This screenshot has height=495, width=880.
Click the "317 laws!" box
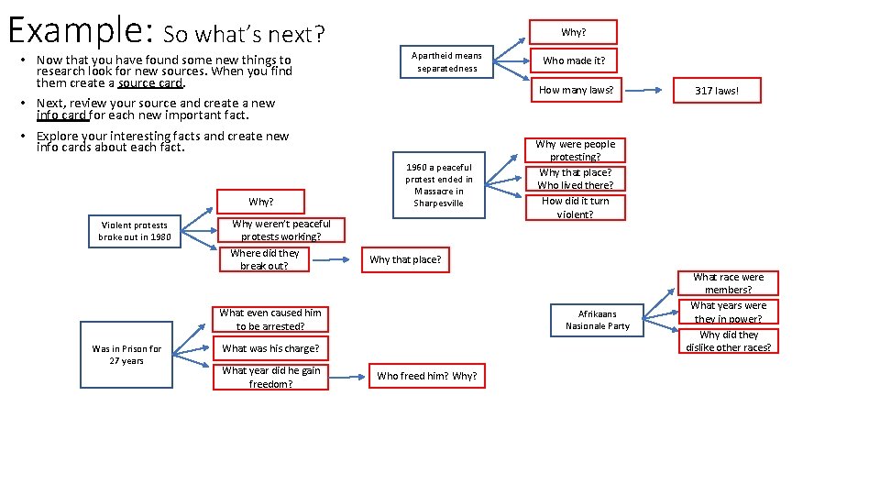[716, 91]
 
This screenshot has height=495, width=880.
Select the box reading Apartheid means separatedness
[446, 61]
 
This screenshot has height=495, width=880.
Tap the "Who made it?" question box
[574, 60]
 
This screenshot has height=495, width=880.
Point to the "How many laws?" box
[576, 90]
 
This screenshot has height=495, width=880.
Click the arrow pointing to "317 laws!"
[647, 91]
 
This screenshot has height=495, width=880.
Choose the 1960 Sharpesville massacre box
[439, 185]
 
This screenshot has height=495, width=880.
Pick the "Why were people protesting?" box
[576, 150]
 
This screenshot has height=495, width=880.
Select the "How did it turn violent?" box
[575, 207]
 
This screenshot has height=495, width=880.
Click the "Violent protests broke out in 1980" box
[135, 231]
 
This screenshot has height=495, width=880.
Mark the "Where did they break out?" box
[264, 259]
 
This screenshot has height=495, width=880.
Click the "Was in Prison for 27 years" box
[126, 355]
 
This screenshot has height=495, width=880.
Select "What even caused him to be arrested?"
[269, 319]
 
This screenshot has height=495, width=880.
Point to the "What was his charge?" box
[270, 348]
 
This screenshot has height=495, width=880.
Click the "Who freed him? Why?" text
[427, 376]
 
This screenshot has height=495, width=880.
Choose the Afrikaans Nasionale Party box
[598, 319]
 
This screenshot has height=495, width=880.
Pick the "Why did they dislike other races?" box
[729, 341]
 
